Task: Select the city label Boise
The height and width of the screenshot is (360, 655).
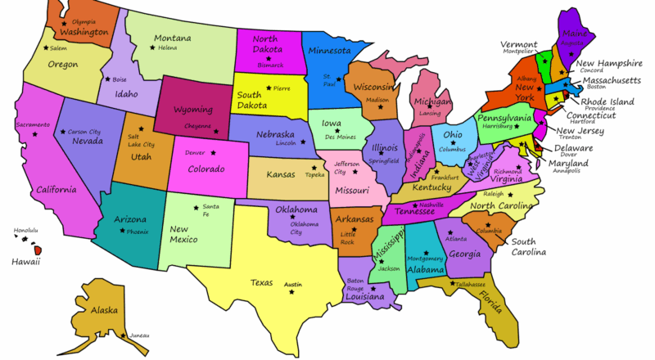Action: coord(120,79)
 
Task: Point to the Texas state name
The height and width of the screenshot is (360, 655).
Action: coord(261,282)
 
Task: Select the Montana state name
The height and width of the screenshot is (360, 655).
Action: coord(172,38)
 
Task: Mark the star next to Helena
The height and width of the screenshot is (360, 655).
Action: coord(151,48)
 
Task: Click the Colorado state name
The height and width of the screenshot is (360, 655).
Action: coord(206,169)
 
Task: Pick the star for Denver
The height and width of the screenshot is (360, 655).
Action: coord(215,153)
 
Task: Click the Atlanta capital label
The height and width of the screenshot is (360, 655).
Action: coord(456,238)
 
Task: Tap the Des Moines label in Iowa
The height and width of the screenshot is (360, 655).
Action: coord(341,137)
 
